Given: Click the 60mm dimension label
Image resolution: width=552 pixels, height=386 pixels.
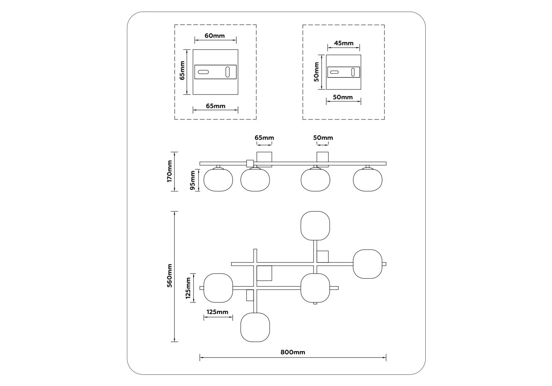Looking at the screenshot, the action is pyautogui.click(x=215, y=36).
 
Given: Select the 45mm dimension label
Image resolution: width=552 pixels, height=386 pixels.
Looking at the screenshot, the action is pyautogui.click(x=344, y=43).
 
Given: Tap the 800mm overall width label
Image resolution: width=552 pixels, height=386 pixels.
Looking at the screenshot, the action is pyautogui.click(x=293, y=352).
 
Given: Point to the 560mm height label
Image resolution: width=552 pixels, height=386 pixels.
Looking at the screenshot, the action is pyautogui.click(x=169, y=276).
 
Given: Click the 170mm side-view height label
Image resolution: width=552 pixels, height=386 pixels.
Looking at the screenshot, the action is pyautogui.click(x=169, y=171).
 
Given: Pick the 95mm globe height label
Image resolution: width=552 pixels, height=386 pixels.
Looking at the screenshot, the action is pyautogui.click(x=193, y=180).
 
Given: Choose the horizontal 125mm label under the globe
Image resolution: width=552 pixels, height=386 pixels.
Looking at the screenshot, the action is pyautogui.click(x=217, y=312).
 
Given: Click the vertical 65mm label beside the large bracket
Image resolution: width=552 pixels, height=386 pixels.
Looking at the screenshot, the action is pyautogui.click(x=182, y=70).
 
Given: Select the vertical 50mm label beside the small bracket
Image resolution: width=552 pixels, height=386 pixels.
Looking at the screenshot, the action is pyautogui.click(x=316, y=72).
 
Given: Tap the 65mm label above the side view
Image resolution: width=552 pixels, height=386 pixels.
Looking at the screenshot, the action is pyautogui.click(x=264, y=138).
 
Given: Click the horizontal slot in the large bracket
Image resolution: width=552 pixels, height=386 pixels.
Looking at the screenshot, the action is pyautogui.click(x=203, y=72).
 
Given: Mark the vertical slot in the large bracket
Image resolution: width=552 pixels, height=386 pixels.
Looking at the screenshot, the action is pyautogui.click(x=228, y=72).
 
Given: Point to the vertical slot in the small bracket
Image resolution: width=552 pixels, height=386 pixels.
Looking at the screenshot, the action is pyautogui.click(x=353, y=72).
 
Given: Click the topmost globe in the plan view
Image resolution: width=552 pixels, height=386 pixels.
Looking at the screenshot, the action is pyautogui.click(x=315, y=225).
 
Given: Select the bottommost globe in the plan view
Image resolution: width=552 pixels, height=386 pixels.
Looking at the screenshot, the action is pyautogui.click(x=255, y=327).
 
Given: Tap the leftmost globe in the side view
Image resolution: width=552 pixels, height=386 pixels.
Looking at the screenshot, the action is pyautogui.click(x=218, y=180).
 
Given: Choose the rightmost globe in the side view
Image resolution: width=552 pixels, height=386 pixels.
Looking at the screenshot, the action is pyautogui.click(x=367, y=180).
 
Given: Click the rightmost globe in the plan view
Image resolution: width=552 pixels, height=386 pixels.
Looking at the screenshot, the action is pyautogui.click(x=367, y=264).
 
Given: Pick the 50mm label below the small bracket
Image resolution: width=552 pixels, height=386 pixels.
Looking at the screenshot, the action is pyautogui.click(x=343, y=97).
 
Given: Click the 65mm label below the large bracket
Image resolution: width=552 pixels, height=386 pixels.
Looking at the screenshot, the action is pyautogui.click(x=216, y=106).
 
